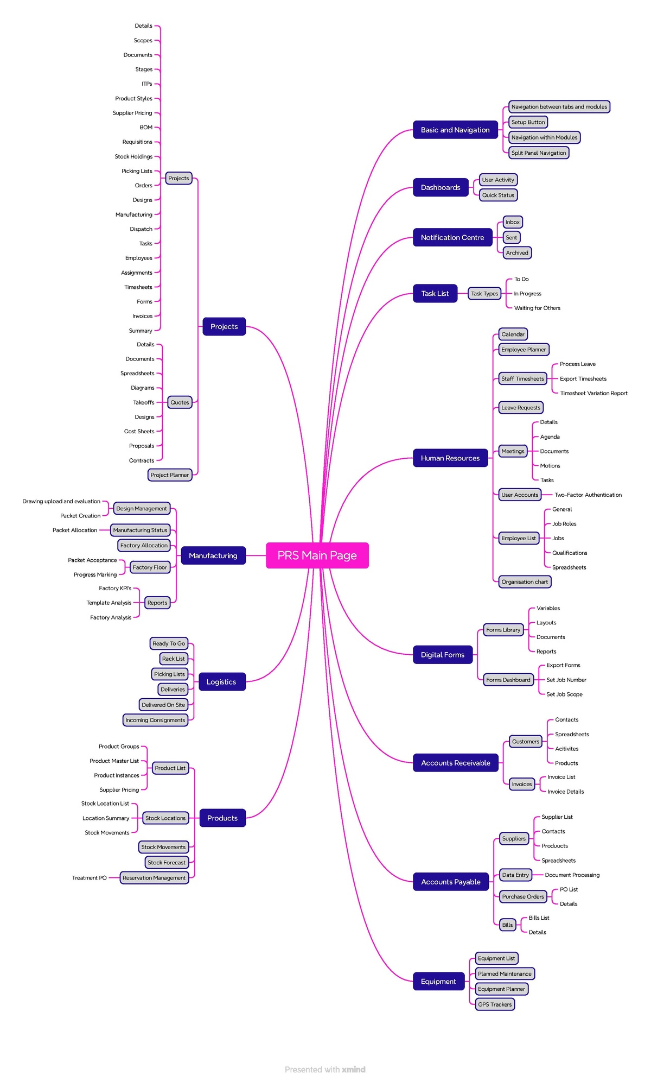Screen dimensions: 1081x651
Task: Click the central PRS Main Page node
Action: pos(317,555)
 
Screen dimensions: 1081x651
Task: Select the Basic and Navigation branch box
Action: pos(455,130)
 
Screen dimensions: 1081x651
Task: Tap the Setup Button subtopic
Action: pos(528,122)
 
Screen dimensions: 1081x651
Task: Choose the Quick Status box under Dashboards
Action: pos(498,195)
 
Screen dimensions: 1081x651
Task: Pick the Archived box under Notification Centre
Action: pos(516,252)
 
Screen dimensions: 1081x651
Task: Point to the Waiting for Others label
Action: pos(537,308)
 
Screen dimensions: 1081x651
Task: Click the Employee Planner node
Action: pos(523,350)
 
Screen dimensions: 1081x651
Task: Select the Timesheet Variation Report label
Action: pos(593,393)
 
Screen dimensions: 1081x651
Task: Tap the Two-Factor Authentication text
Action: pos(588,495)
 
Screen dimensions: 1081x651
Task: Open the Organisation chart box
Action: pos(524,581)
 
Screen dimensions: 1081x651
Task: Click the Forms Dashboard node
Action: pos(508,680)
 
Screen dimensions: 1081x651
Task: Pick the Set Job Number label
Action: pos(566,680)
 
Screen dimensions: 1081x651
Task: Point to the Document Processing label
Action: pos(572,875)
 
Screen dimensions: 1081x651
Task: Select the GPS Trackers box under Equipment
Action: pos(494,1004)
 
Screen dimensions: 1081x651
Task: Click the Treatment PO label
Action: pos(90,878)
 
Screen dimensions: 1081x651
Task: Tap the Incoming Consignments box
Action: pos(155,720)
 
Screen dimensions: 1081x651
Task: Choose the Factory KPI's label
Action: pos(115,588)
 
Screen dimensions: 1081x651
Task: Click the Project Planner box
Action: pos(169,475)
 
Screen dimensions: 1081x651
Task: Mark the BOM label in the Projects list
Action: pos(146,128)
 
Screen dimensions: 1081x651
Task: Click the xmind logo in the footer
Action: pos(353,1070)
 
